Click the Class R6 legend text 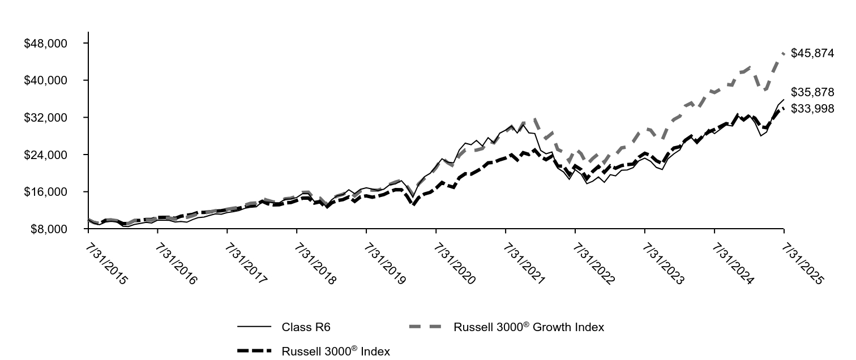(306, 327)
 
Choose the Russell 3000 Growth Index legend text (528, 327)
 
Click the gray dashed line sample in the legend (425, 327)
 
